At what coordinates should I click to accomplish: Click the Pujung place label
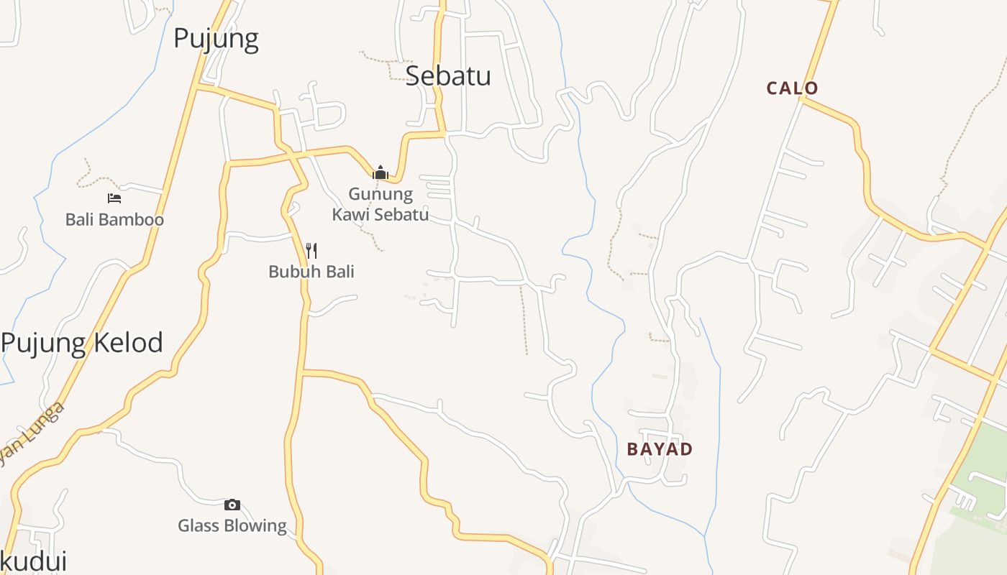(x=216, y=38)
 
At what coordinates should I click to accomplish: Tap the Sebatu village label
(x=448, y=75)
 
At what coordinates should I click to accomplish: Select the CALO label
(x=792, y=88)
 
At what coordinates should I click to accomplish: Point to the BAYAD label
(x=660, y=449)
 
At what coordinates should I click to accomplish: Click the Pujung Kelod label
(x=82, y=343)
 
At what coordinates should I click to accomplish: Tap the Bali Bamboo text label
(x=114, y=219)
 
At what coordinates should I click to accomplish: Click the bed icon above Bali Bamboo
(x=114, y=198)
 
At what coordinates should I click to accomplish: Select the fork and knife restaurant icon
(x=311, y=250)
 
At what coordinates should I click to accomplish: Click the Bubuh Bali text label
(x=311, y=272)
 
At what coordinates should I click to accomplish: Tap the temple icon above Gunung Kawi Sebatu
(x=380, y=172)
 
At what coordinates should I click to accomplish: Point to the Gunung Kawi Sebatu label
(x=380, y=204)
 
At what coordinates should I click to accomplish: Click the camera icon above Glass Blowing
(x=232, y=505)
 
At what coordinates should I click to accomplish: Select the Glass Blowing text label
(x=232, y=525)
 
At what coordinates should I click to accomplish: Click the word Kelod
(x=127, y=343)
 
